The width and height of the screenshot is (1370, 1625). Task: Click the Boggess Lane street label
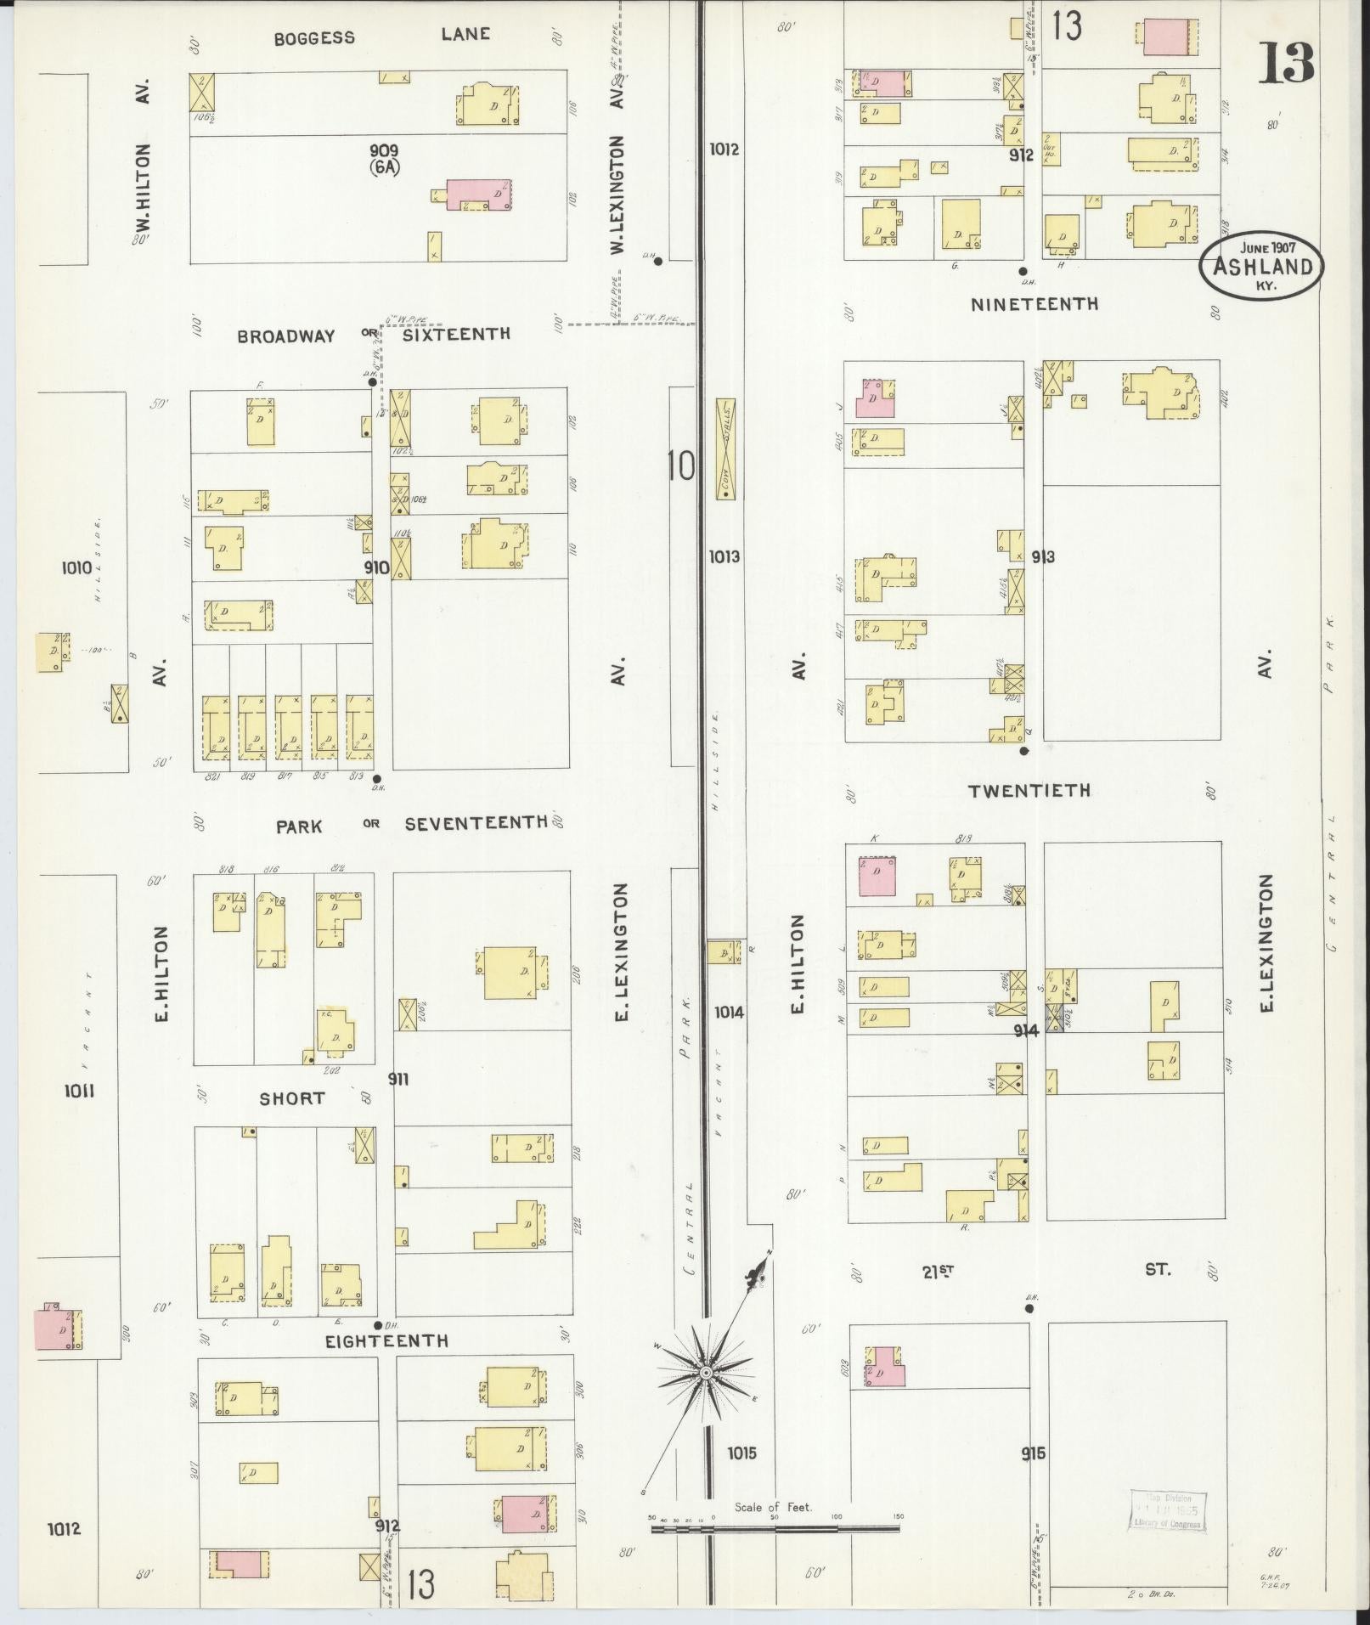pyautogui.click(x=381, y=37)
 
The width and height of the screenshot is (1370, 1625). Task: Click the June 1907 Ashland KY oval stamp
pyautogui.click(x=1261, y=267)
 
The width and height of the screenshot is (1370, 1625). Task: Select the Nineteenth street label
pyautogui.click(x=1035, y=304)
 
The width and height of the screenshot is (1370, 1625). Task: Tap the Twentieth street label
pyautogui.click(x=1029, y=791)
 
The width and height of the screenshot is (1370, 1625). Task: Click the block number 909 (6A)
pyautogui.click(x=384, y=158)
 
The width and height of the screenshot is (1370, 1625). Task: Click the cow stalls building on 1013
pyautogui.click(x=725, y=449)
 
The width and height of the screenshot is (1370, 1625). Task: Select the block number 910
pyautogui.click(x=375, y=567)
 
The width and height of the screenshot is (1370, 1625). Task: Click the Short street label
pyautogui.click(x=292, y=1098)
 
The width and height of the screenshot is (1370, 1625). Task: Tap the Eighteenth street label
pyautogui.click(x=387, y=1341)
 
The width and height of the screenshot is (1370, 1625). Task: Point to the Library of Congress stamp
pyautogui.click(x=1167, y=1510)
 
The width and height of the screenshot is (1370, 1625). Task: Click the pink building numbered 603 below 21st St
pyautogui.click(x=886, y=1367)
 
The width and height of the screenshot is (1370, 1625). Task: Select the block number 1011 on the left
pyautogui.click(x=78, y=1091)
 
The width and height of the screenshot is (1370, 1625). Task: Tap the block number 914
pyautogui.click(x=1026, y=1030)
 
